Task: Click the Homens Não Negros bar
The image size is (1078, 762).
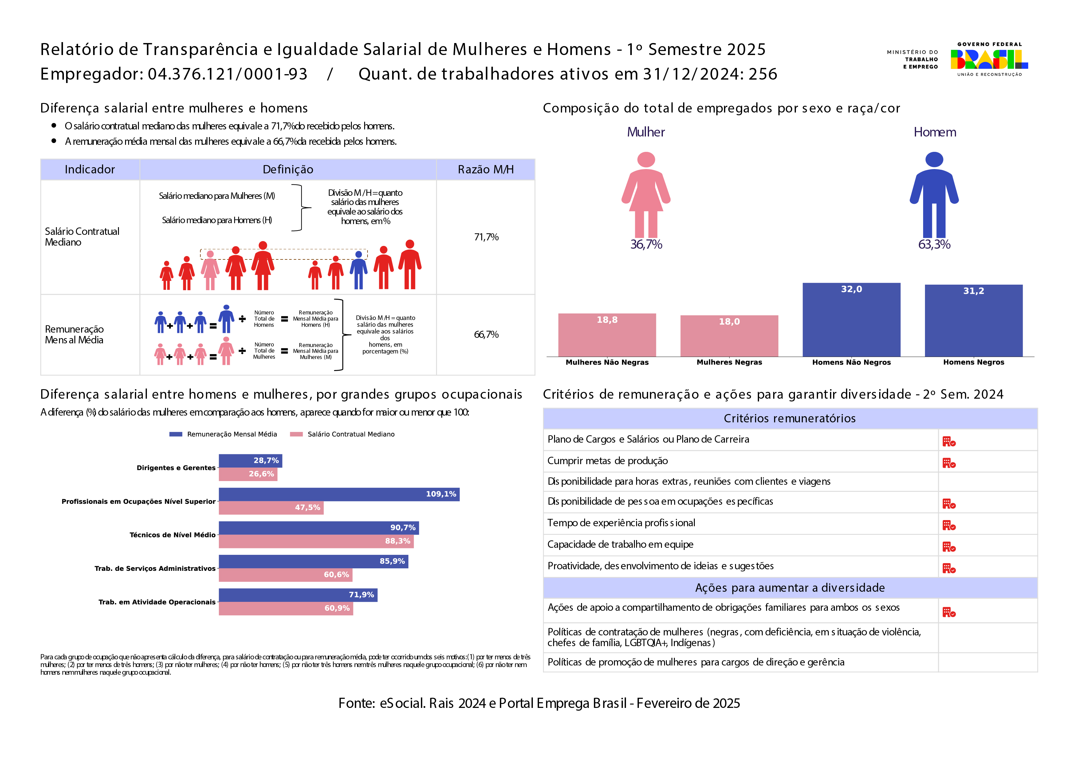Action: click(x=851, y=320)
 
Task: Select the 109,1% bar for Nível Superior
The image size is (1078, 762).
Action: click(x=339, y=494)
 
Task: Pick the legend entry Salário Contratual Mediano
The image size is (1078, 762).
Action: click(x=351, y=434)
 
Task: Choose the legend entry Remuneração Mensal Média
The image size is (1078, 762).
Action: click(x=231, y=434)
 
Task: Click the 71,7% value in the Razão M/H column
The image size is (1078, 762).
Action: click(x=486, y=237)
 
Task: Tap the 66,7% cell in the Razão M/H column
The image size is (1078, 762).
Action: click(x=486, y=335)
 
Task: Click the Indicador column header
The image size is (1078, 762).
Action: click(x=90, y=169)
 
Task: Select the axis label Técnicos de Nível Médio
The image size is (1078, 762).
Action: click(x=172, y=535)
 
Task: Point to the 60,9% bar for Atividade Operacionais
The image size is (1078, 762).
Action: click(x=285, y=609)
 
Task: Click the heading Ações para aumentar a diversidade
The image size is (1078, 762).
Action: click(x=790, y=588)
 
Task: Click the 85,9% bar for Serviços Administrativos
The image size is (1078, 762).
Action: click(x=313, y=562)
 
